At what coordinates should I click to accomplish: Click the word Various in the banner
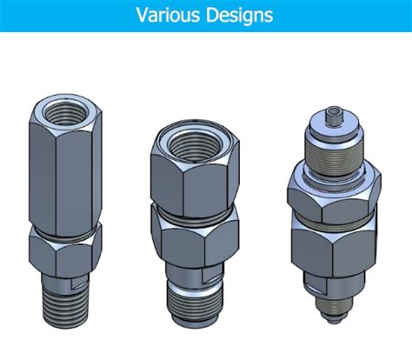[x=168, y=15]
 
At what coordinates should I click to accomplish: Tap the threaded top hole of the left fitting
[x=66, y=112]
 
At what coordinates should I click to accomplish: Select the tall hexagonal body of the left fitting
[x=65, y=163]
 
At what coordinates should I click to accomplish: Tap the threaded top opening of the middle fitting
[x=196, y=147]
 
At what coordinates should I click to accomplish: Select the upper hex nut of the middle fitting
[x=195, y=171]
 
